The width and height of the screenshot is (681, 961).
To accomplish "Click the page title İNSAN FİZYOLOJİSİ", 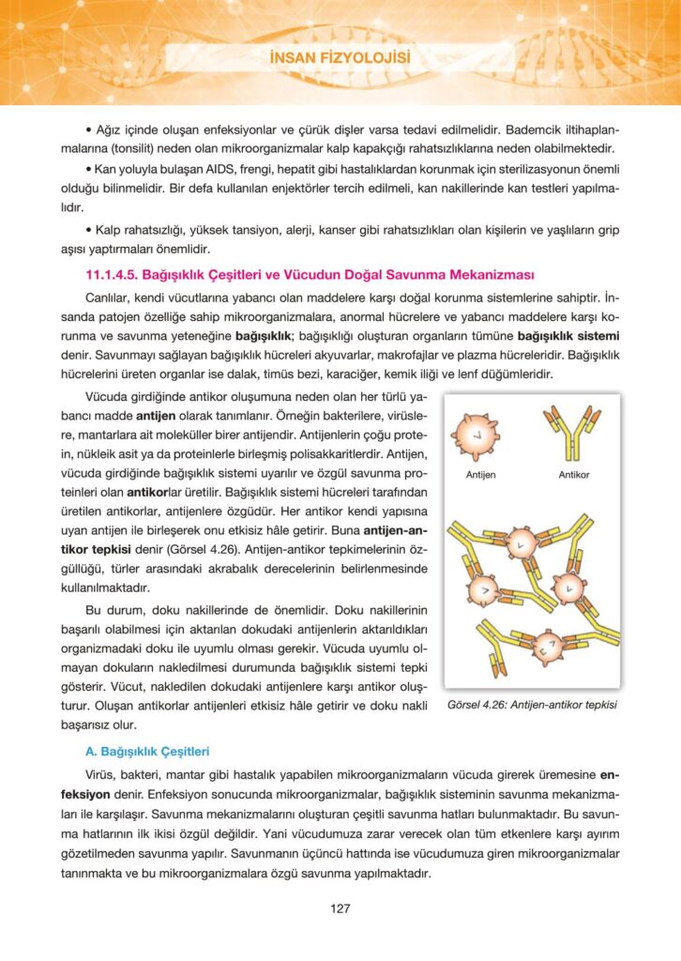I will click(x=340, y=60).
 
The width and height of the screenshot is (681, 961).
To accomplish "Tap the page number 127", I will click(x=340, y=908).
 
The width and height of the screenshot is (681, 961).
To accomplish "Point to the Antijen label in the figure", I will click(x=480, y=475).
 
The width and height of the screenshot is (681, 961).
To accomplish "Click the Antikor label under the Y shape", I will click(x=573, y=475).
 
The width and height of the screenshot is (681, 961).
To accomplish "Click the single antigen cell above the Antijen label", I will click(x=478, y=433).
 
